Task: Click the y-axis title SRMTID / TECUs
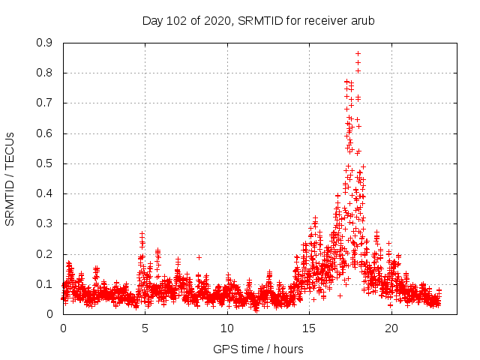pos(10,178)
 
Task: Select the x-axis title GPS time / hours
pos(258,349)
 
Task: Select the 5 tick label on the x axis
pos(145,328)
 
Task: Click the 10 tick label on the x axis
pos(227,328)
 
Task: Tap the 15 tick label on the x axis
pos(309,328)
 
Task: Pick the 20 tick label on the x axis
pos(391,328)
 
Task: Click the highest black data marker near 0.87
pos(358,53)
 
